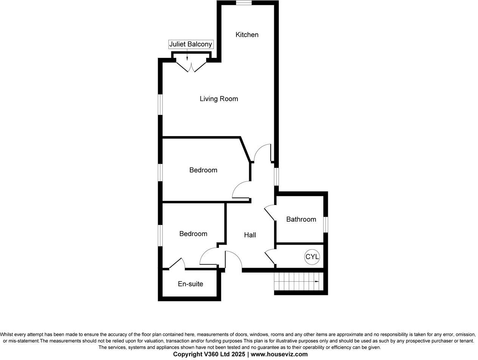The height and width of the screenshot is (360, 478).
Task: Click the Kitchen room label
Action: [x=247, y=35]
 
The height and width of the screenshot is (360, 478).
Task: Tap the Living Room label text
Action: [x=219, y=99]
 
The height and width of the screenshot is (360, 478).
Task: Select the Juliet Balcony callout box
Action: [x=191, y=44]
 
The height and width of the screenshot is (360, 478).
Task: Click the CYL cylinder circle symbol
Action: [x=312, y=257]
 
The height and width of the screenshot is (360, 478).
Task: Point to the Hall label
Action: [x=250, y=235]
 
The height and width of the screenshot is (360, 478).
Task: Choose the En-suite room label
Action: [x=190, y=284]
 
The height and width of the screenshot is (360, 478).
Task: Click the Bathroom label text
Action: [x=301, y=219]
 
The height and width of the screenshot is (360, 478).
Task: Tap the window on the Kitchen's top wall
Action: [x=244, y=3]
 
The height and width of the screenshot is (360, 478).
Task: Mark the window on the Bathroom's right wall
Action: [x=326, y=224]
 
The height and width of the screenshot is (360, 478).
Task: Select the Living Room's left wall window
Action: [x=160, y=104]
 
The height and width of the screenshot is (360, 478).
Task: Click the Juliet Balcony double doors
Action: [x=191, y=67]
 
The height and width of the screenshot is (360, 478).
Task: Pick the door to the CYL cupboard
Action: [x=270, y=257]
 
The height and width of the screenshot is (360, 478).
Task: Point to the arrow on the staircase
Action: [x=316, y=282]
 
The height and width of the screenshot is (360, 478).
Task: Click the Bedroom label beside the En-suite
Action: [x=193, y=234]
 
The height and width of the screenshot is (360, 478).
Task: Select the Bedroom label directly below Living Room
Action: [x=203, y=170]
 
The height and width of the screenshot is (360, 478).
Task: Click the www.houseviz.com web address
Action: [x=279, y=354]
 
